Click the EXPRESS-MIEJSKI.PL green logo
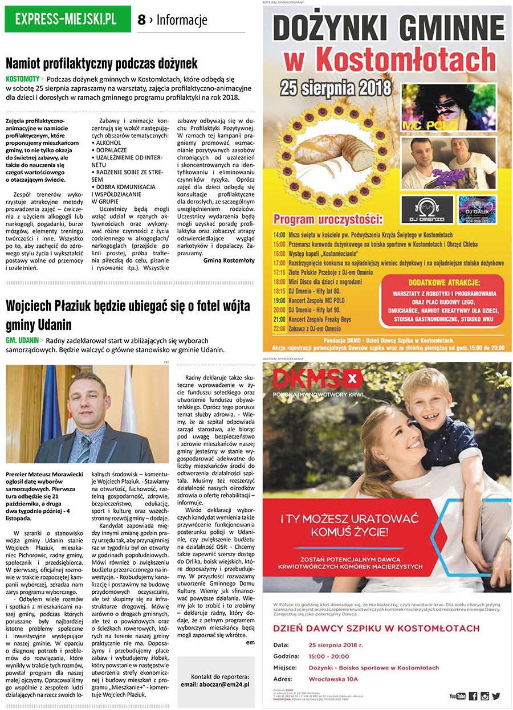pyautogui.click(x=66, y=19)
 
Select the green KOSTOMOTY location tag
pyautogui.click(x=23, y=79)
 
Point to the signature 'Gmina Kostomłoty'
pyautogui.click(x=229, y=260)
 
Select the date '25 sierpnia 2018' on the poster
pyautogui.click(x=336, y=88)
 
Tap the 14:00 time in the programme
pyautogui.click(x=279, y=235)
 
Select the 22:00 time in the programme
pyautogui.click(x=279, y=329)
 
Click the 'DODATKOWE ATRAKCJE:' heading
pyautogui.click(x=444, y=283)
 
